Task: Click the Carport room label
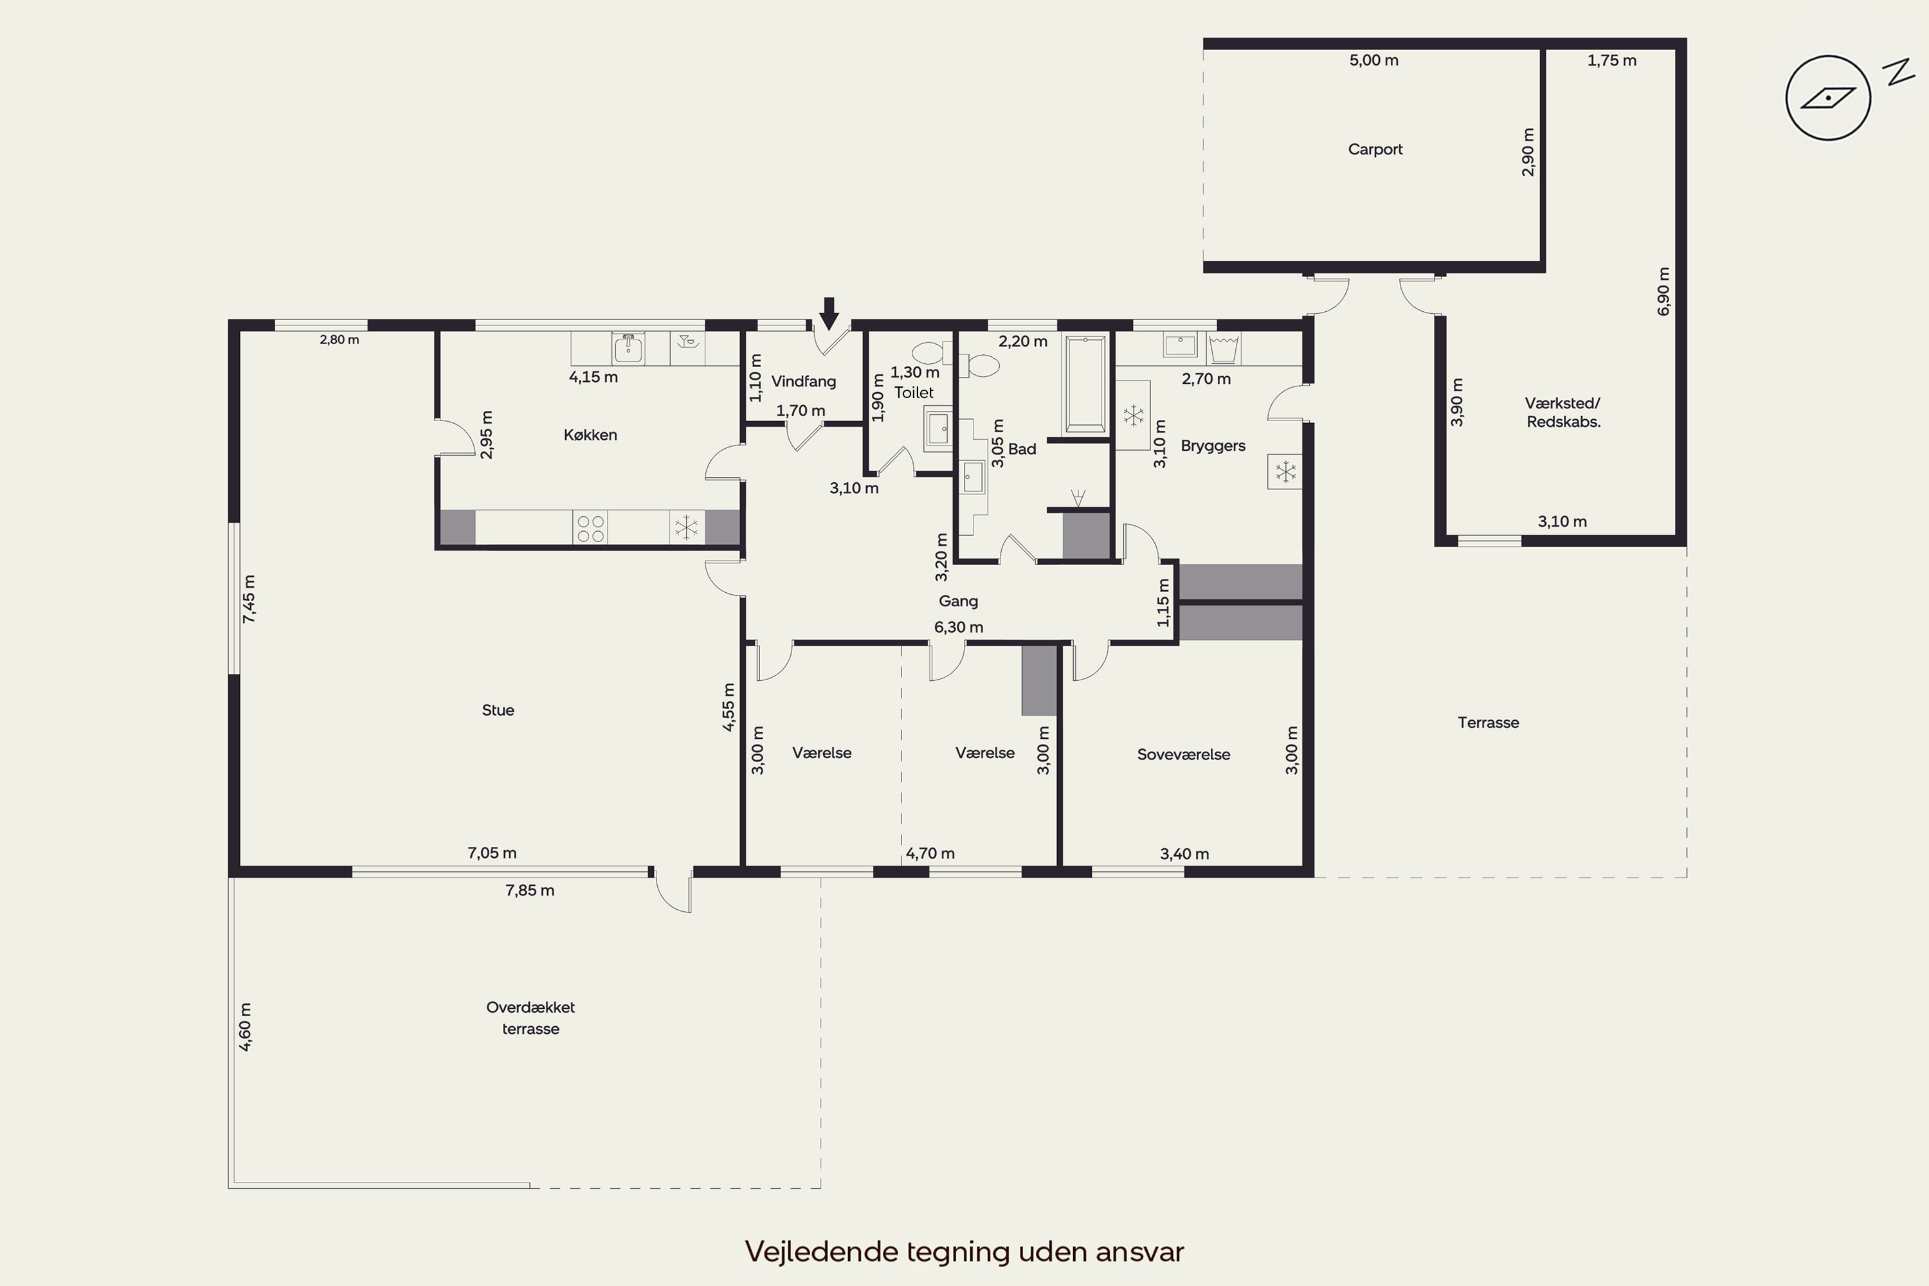click(1375, 149)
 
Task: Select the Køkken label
click(590, 435)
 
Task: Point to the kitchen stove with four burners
click(590, 527)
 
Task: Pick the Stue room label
click(498, 711)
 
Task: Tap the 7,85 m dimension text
click(530, 891)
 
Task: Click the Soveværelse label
click(1184, 754)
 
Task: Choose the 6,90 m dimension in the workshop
click(1663, 291)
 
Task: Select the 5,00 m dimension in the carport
click(1373, 60)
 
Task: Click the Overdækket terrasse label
click(530, 1018)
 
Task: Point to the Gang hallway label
click(958, 601)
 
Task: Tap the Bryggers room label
click(1213, 446)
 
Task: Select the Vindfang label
click(804, 381)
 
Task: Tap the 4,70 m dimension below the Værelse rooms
click(930, 854)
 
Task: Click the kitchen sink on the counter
click(628, 349)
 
